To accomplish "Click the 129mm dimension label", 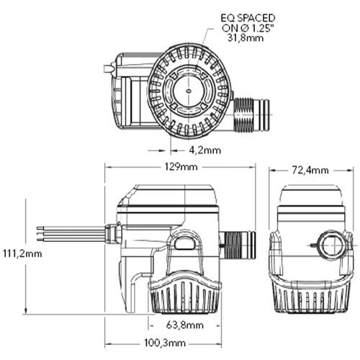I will click(179, 168).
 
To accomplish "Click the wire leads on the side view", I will click(68, 234).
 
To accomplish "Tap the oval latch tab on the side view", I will click(184, 243).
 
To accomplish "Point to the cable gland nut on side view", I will click(111, 234).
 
